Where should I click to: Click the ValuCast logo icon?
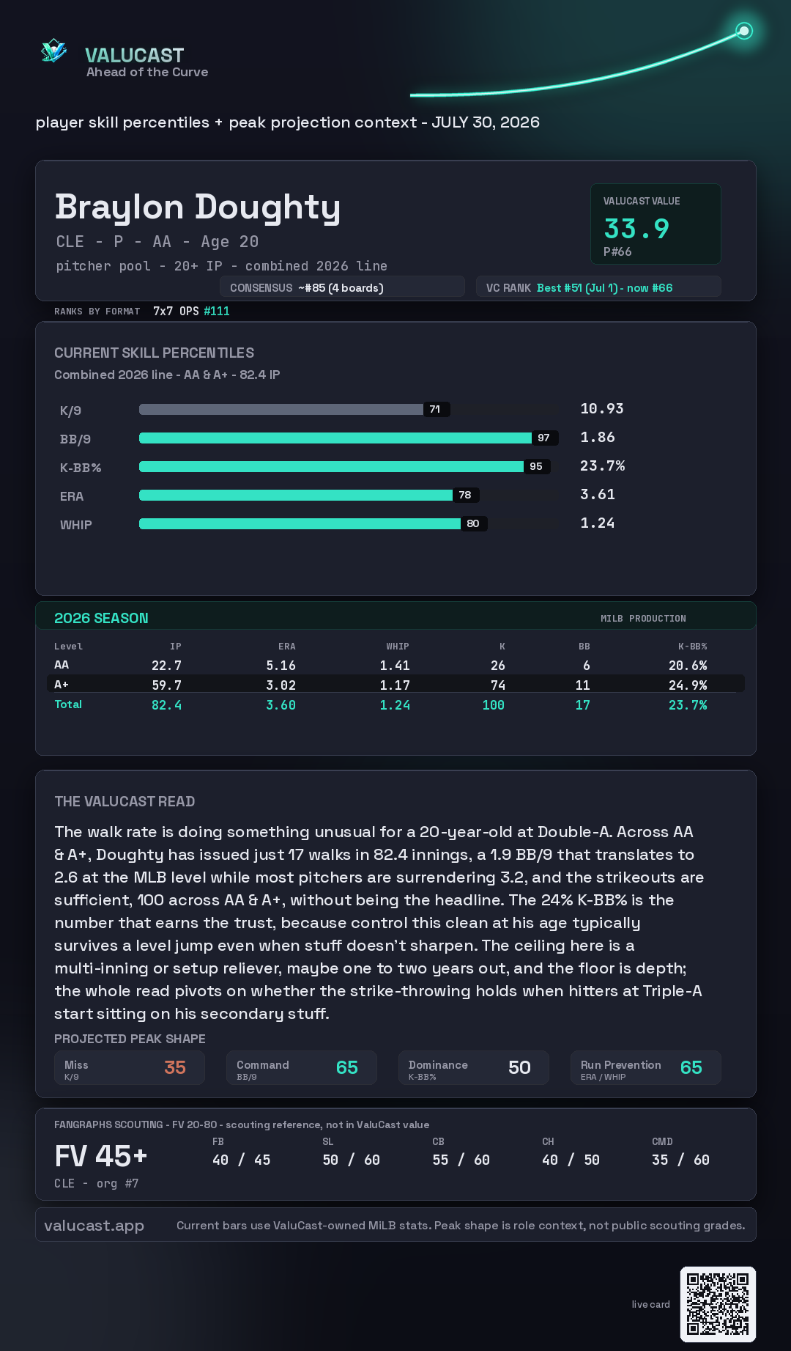(53, 51)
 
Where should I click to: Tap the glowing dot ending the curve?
(744, 31)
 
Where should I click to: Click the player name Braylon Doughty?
(198, 208)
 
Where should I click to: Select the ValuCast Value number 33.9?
(636, 229)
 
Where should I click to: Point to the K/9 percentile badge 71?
(435, 409)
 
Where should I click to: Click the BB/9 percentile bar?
(335, 438)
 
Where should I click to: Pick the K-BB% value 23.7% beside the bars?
(602, 466)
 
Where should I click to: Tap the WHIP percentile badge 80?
(473, 523)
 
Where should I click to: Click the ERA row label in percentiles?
(72, 496)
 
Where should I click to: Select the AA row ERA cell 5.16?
(281, 666)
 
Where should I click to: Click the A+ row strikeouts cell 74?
(498, 685)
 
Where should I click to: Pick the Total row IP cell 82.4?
(166, 705)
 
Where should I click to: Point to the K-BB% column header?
(692, 647)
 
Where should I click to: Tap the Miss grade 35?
(175, 1067)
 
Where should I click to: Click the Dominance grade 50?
(519, 1067)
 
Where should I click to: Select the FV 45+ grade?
(101, 1157)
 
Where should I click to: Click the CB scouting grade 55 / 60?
(461, 1160)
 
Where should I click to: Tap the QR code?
(718, 1305)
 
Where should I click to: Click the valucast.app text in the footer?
(94, 1226)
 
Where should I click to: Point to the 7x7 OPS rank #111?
(217, 311)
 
